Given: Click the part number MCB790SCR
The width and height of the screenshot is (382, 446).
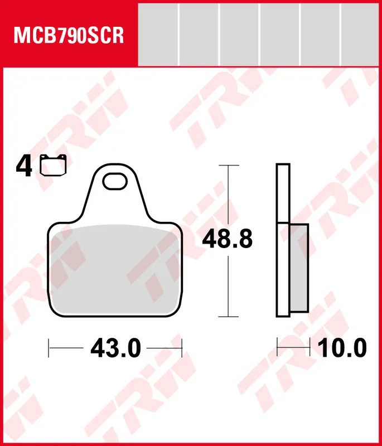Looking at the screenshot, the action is (x=69, y=35).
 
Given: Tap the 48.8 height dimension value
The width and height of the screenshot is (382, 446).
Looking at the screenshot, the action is (x=227, y=239).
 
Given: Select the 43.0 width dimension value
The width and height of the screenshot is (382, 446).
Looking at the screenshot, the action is (x=115, y=348).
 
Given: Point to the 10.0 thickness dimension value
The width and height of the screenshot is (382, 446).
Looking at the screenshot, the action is (x=342, y=348).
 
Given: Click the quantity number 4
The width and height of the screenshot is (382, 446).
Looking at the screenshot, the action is (x=23, y=167).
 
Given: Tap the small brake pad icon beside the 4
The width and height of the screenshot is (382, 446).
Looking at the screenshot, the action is (x=53, y=165).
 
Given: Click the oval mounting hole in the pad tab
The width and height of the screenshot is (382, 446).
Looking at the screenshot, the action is (x=115, y=181).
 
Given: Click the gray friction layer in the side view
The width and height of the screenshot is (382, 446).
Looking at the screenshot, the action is (x=299, y=268).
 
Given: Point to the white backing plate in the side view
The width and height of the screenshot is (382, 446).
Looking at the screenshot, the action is (x=283, y=240).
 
